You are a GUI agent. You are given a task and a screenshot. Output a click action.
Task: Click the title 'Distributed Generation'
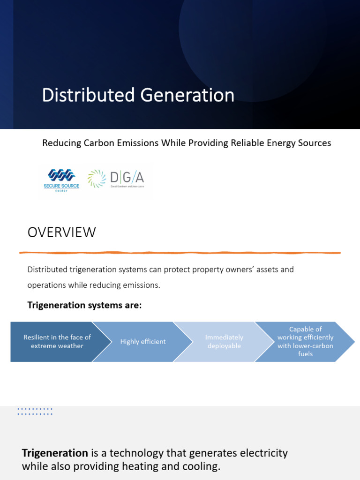[138, 95]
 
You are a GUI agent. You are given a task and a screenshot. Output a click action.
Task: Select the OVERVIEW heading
[61, 232]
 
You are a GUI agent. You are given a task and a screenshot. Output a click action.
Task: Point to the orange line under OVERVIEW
[180, 253]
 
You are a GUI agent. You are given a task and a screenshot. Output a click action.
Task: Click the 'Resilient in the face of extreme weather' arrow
[54, 342]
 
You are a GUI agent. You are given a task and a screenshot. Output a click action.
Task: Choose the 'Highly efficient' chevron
[141, 342]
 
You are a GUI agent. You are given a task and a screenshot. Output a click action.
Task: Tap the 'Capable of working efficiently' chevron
[305, 342]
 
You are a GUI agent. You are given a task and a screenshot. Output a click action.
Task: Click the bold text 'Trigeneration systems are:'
[84, 306]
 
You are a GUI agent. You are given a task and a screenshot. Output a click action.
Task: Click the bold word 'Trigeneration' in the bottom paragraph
[55, 453]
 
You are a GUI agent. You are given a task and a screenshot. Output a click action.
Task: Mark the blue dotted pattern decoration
[35, 412]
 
